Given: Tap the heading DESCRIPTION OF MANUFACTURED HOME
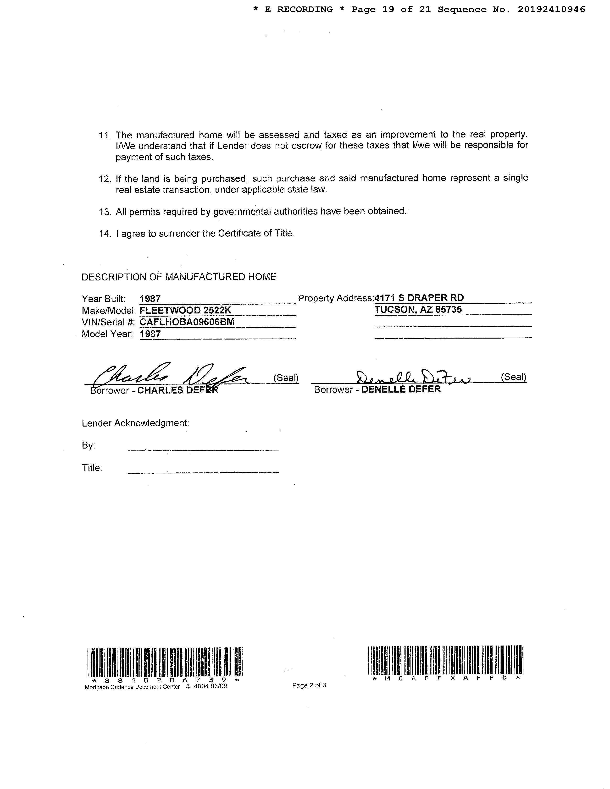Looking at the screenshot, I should click(179, 277).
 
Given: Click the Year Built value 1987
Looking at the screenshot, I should click(150, 299).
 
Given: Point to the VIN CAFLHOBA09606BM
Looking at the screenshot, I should click(187, 322).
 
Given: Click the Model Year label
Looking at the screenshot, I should click(107, 334).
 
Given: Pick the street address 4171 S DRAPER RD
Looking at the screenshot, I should click(419, 298).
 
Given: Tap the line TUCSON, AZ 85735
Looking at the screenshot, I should click(418, 309).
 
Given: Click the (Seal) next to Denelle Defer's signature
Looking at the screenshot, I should click(513, 377).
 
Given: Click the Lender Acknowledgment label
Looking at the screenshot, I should click(135, 423).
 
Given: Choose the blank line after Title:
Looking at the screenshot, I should click(204, 472).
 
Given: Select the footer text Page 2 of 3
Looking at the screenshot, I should click(309, 685).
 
